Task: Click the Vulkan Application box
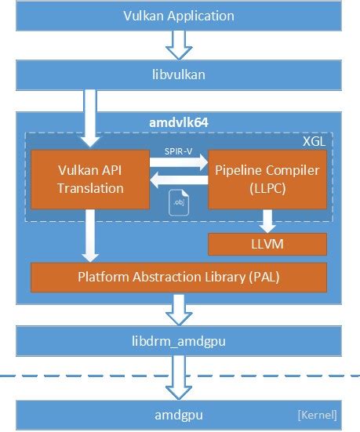(x=179, y=15)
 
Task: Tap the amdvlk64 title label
(x=179, y=122)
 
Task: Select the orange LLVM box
(x=267, y=245)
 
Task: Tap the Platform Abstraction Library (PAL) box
(x=178, y=277)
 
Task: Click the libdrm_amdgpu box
(x=179, y=342)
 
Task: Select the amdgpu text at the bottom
(x=178, y=413)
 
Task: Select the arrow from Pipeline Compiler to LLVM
(x=267, y=220)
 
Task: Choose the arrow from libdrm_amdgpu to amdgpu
(x=180, y=377)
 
